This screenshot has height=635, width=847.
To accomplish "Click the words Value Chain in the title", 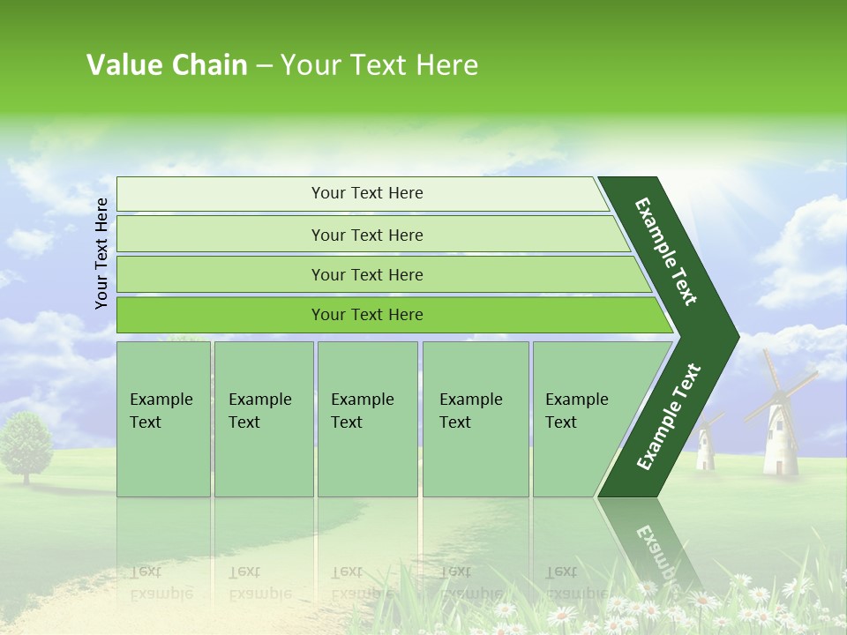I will point(167,65).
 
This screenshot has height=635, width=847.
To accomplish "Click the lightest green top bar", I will point(366,193).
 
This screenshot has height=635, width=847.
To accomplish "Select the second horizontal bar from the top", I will point(366,235).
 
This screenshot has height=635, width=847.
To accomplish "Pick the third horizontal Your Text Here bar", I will point(366,274).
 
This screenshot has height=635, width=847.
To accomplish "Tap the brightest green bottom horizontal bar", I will point(366,315).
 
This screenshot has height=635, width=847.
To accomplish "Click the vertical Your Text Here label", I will point(101,253).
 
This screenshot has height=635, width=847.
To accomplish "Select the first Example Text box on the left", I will point(163,418).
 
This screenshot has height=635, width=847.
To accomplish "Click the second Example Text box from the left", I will point(263,418).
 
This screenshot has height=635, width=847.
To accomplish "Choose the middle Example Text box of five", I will point(366,418).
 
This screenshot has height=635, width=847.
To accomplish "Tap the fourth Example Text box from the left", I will point(475,418).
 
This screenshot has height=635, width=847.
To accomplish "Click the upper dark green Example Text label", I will point(667,251).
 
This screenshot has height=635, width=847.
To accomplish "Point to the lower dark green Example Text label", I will point(669,416).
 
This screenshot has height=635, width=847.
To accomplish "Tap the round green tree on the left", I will point(26,445).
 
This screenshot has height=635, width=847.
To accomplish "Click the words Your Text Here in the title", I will point(379,65).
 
